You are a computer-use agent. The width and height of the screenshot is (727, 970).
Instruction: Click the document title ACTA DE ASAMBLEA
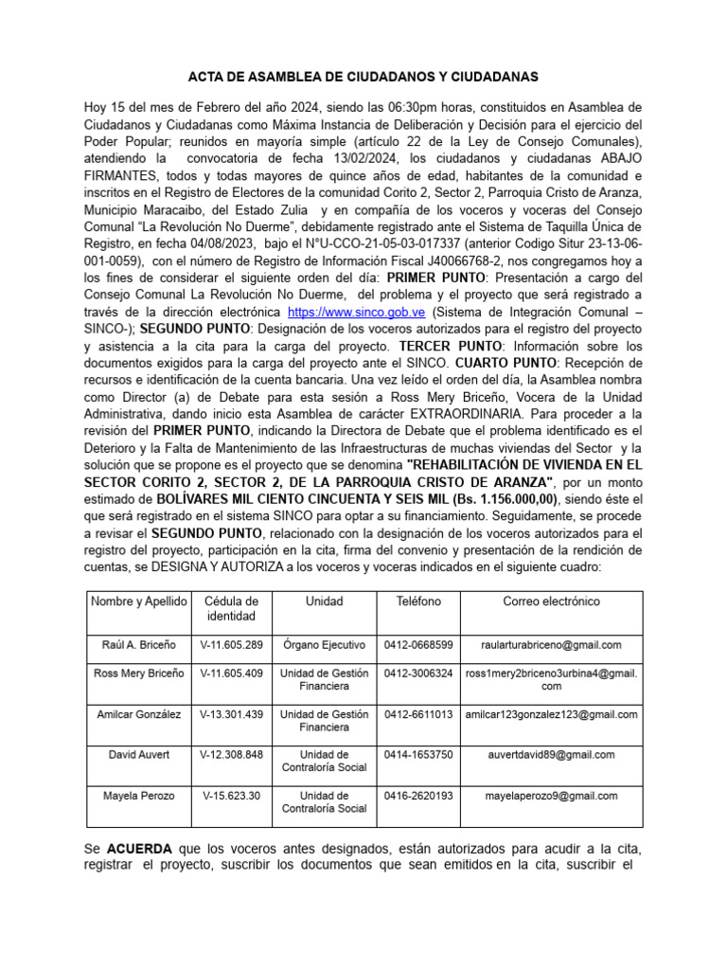tap(363, 76)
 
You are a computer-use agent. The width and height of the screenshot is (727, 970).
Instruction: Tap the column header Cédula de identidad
tap(231, 609)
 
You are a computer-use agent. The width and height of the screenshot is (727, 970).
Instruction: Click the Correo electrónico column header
tap(551, 602)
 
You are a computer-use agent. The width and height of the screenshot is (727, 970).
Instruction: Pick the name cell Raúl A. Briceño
tap(138, 645)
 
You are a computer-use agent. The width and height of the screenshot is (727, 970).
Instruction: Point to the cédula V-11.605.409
tap(231, 674)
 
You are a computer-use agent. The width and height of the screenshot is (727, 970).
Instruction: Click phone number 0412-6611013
tap(418, 714)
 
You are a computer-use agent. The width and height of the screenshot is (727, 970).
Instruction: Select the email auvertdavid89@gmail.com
tap(551, 755)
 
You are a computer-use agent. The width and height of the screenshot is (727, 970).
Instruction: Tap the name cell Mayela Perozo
tap(138, 796)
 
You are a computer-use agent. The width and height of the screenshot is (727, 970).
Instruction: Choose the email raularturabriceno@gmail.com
tap(551, 645)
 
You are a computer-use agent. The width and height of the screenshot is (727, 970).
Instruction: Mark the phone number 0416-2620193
tap(418, 796)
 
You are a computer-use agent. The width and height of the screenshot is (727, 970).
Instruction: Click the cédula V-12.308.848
tap(231, 755)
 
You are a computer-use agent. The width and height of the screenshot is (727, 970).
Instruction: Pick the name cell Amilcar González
tap(138, 714)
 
